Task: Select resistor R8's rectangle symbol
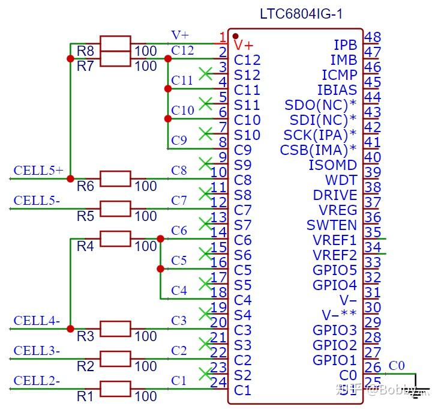(x=115, y=44)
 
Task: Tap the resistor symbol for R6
(x=115, y=179)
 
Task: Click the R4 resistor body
(x=115, y=239)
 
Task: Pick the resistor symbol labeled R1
(x=115, y=389)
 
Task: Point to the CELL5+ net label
(x=38, y=171)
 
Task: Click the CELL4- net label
(x=37, y=321)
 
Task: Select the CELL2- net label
(x=37, y=381)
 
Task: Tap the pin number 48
(x=373, y=38)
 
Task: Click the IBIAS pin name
(x=337, y=90)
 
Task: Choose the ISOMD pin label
(x=332, y=165)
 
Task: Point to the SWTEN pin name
(x=331, y=225)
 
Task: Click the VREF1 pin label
(x=334, y=240)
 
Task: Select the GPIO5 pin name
(x=334, y=270)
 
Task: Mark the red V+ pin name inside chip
(x=244, y=45)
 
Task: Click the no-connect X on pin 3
(x=206, y=73)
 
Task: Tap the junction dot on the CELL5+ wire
(x=70, y=179)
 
